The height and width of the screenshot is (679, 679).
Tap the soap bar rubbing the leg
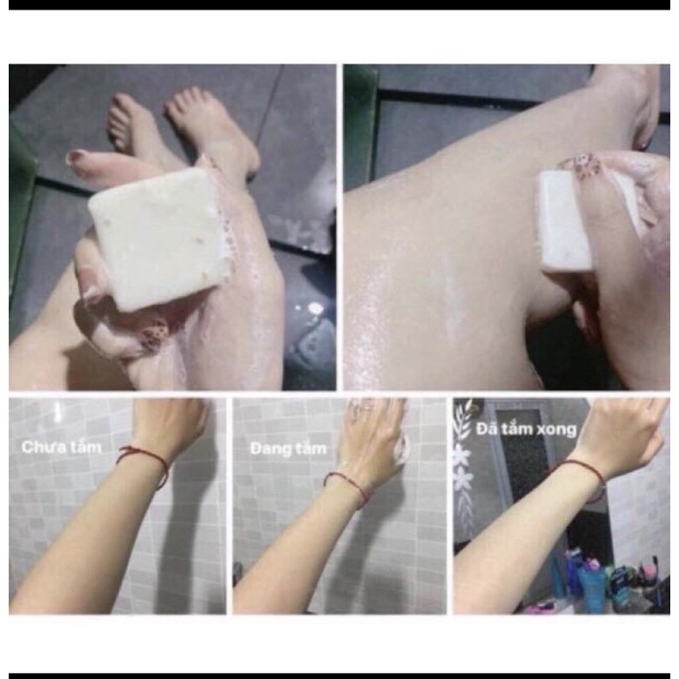pos(566,218)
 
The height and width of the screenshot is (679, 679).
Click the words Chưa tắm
pos(62,448)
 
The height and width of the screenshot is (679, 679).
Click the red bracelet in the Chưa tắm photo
pos(144,461)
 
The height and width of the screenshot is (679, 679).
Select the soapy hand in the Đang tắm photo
pos(374,431)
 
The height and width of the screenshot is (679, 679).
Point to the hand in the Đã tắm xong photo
pos(622,431)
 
